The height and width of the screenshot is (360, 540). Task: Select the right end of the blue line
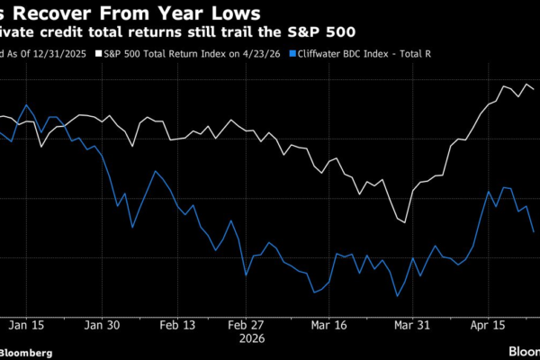pyautogui.click(x=535, y=232)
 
